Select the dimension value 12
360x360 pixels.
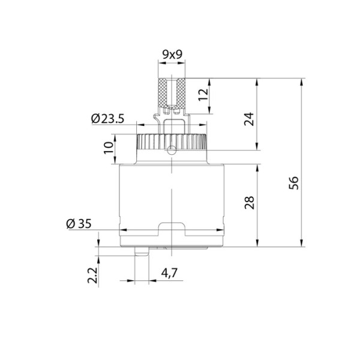pyautogui.click(x=203, y=95)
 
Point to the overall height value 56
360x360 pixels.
pyautogui.click(x=294, y=181)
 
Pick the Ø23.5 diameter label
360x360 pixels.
pyautogui.click(x=107, y=119)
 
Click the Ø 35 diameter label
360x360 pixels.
pyautogui.click(x=79, y=223)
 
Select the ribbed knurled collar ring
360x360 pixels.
pyautogui.click(x=172, y=142)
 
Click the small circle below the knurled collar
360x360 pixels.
pyautogui.click(x=172, y=150)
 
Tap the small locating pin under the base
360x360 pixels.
pyautogui.click(x=141, y=252)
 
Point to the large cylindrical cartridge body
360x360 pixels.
pyautogui.click(x=172, y=192)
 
